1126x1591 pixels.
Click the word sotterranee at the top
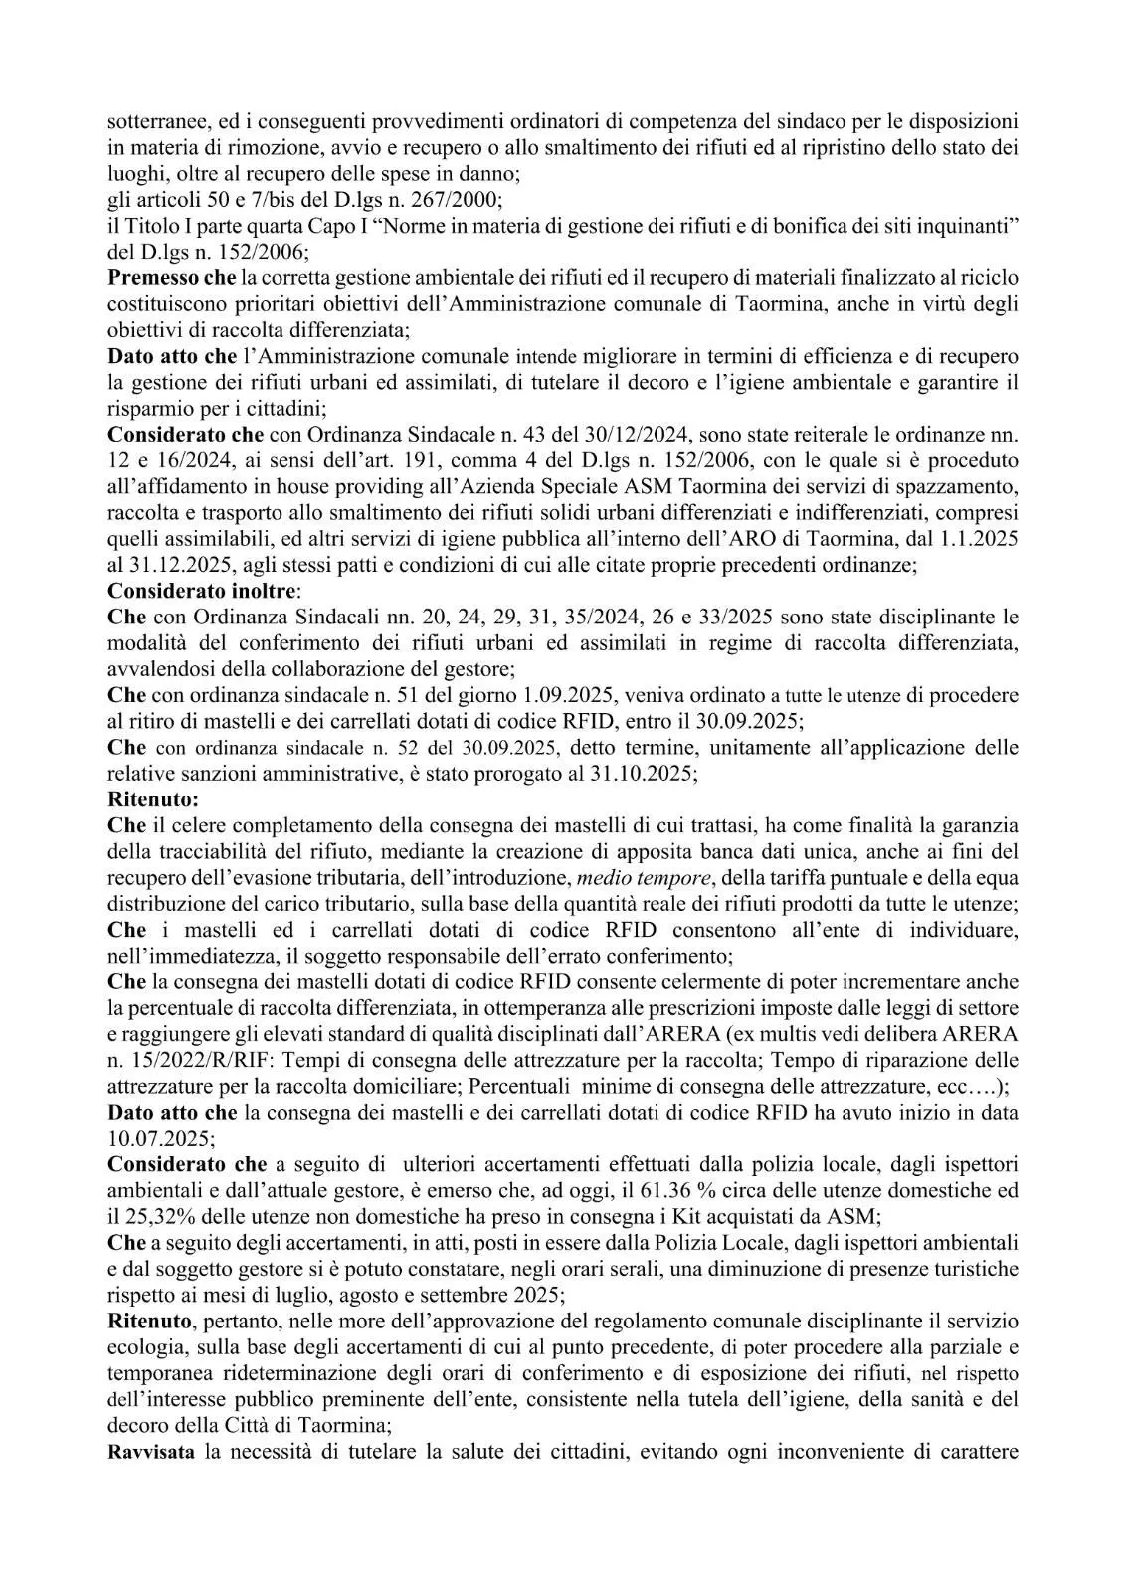click(156, 122)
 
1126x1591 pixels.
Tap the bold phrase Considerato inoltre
click(177, 590)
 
